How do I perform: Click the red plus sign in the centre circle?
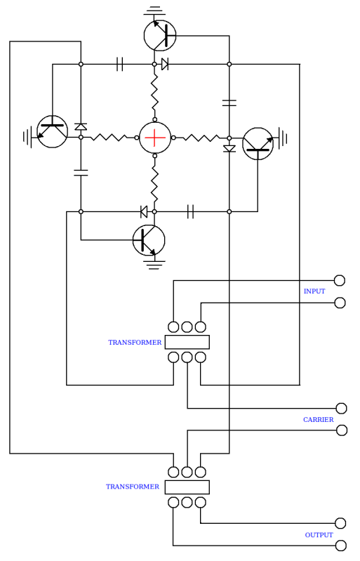pyautogui.click(x=155, y=138)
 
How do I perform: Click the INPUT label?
pyautogui.click(x=314, y=291)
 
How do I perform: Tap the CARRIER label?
pyautogui.click(x=318, y=420)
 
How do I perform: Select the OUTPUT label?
pyautogui.click(x=319, y=535)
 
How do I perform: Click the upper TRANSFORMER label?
pyautogui.click(x=135, y=343)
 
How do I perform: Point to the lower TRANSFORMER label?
pyautogui.click(x=132, y=487)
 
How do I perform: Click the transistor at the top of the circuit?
pyautogui.click(x=160, y=35)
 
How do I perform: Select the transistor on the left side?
pyautogui.click(x=52, y=132)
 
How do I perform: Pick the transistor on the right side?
pyautogui.click(x=258, y=143)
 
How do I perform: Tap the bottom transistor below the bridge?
pyautogui.click(x=149, y=240)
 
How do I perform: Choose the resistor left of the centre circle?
pyautogui.click(x=109, y=138)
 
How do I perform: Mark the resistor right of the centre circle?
pyautogui.click(x=201, y=138)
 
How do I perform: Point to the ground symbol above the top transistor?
pyautogui.click(x=154, y=11)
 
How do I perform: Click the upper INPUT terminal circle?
pyautogui.click(x=339, y=280)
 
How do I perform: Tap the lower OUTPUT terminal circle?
pyautogui.click(x=341, y=546)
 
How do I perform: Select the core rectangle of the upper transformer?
pyautogui.click(x=187, y=342)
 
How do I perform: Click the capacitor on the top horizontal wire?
pyautogui.click(x=120, y=64)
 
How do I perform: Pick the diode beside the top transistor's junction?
pyautogui.click(x=165, y=64)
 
